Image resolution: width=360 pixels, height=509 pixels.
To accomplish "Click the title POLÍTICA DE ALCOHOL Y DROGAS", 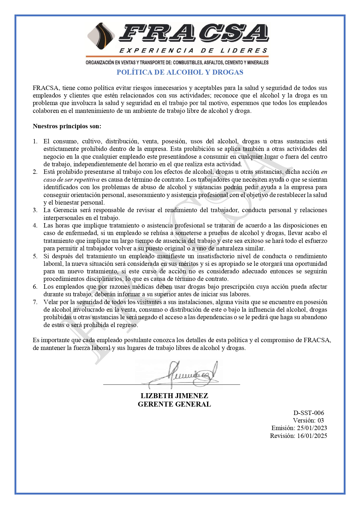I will tap(180, 72).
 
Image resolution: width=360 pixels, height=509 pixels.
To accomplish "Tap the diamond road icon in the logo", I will tap(101, 37).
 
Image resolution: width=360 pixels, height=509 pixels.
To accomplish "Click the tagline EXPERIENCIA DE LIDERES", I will tap(193, 51).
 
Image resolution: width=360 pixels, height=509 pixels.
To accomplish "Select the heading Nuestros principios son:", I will tap(67, 126).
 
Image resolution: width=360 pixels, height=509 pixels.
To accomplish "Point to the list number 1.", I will tap(35, 141).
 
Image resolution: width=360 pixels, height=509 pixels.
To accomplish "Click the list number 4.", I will tap(35, 225).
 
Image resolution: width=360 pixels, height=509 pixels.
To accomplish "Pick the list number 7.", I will tap(35, 302).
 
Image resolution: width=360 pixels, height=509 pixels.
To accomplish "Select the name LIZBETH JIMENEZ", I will tap(174, 396).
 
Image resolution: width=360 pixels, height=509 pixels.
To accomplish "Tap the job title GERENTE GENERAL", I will tap(174, 404).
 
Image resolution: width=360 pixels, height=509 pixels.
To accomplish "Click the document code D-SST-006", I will tap(309, 413).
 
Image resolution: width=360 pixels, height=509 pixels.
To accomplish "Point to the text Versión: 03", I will tap(308, 420).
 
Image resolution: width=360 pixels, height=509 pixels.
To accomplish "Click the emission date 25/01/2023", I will tap(312, 428).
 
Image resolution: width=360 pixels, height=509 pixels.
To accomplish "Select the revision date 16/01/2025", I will tap(312, 436).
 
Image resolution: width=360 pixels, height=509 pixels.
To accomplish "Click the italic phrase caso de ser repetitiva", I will tap(71, 180).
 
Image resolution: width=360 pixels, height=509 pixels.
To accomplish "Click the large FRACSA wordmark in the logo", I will tap(194, 33).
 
